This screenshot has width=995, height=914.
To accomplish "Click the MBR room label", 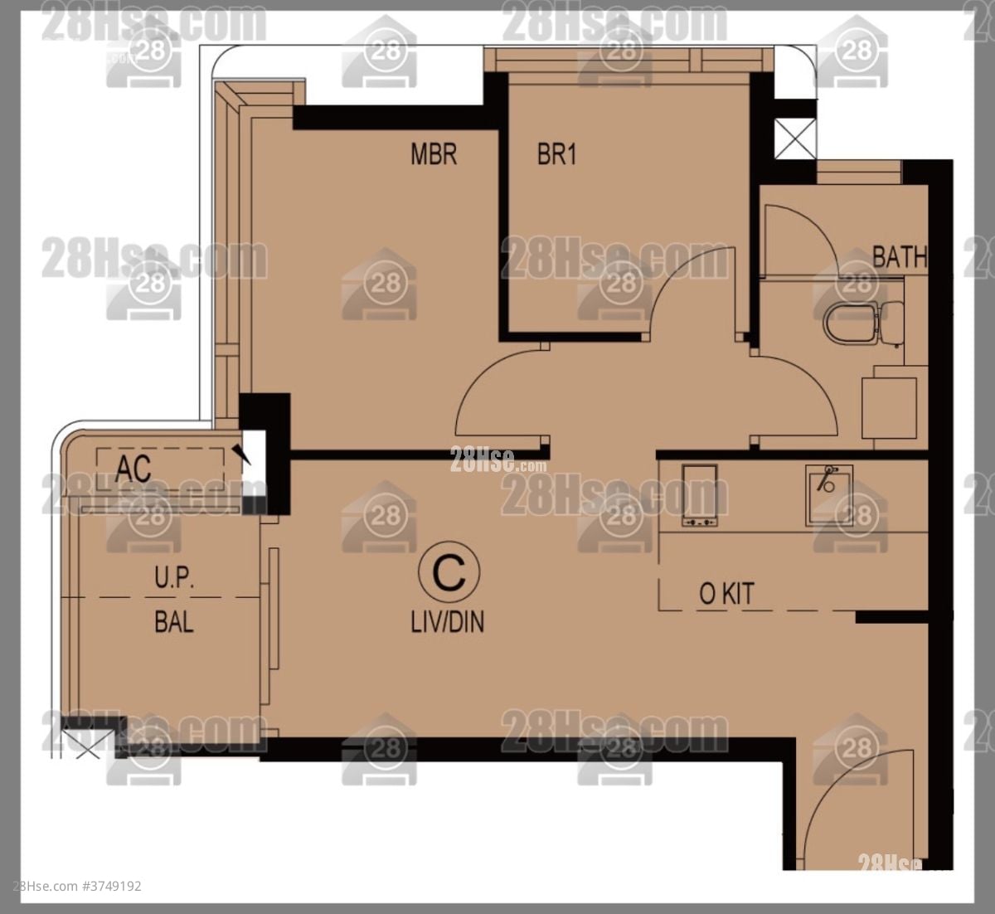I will [x=434, y=153].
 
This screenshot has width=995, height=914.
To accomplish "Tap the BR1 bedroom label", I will [x=556, y=154].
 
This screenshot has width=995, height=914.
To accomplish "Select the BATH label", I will [x=899, y=256].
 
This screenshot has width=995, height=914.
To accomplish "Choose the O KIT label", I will [x=726, y=594].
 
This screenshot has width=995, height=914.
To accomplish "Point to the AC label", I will [x=133, y=469].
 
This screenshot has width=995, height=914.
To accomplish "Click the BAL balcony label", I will [x=174, y=621].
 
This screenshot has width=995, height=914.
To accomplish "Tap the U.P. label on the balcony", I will [x=174, y=578].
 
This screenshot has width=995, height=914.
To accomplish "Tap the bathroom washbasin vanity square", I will [x=889, y=407].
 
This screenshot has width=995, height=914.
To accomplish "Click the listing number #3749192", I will [x=111, y=887].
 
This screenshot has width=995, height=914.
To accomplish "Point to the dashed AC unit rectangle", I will [x=162, y=469].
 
